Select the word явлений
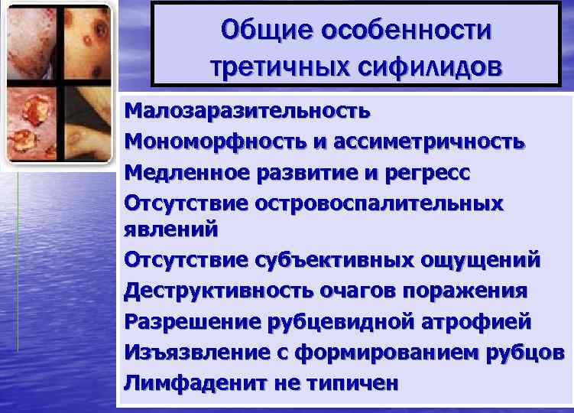coord(170,229)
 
